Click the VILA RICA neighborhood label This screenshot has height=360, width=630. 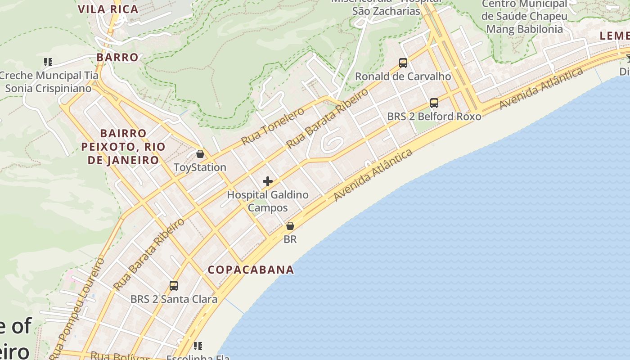tap(108, 9)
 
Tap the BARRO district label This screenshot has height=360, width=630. tap(117, 57)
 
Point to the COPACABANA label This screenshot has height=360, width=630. tap(251, 270)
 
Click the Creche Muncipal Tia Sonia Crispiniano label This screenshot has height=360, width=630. tap(48, 81)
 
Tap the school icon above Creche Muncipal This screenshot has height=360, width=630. tap(48, 62)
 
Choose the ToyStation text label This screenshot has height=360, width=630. tap(200, 167)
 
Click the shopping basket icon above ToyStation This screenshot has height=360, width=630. tap(200, 154)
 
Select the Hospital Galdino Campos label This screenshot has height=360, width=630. tap(268, 201)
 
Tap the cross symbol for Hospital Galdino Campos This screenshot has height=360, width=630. tap(268, 181)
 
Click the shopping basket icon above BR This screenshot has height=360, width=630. tap(290, 226)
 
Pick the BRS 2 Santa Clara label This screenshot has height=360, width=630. tap(174, 299)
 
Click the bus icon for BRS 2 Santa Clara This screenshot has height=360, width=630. tap(174, 285)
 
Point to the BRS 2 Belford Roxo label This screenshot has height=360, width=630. tap(434, 117)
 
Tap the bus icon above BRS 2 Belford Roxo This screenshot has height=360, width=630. tap(434, 103)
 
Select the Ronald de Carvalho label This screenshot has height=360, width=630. tap(403, 76)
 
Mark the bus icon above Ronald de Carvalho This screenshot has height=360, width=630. tap(403, 63)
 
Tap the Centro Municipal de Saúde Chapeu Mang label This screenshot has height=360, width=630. tap(524, 17)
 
